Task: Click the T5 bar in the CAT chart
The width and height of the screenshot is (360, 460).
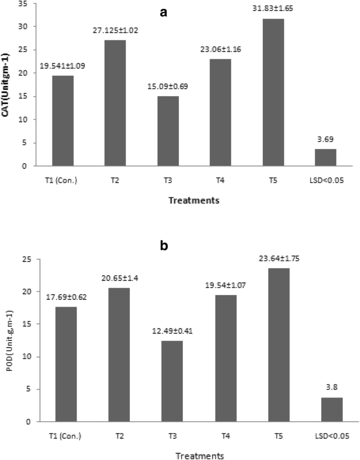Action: click(271, 92)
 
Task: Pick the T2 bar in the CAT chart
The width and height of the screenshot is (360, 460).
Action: click(115, 103)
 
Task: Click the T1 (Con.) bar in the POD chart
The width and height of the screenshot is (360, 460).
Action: click(63, 364)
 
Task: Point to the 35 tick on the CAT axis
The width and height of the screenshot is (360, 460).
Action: click(22, 3)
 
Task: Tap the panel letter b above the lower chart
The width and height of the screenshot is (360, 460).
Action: click(163, 245)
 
